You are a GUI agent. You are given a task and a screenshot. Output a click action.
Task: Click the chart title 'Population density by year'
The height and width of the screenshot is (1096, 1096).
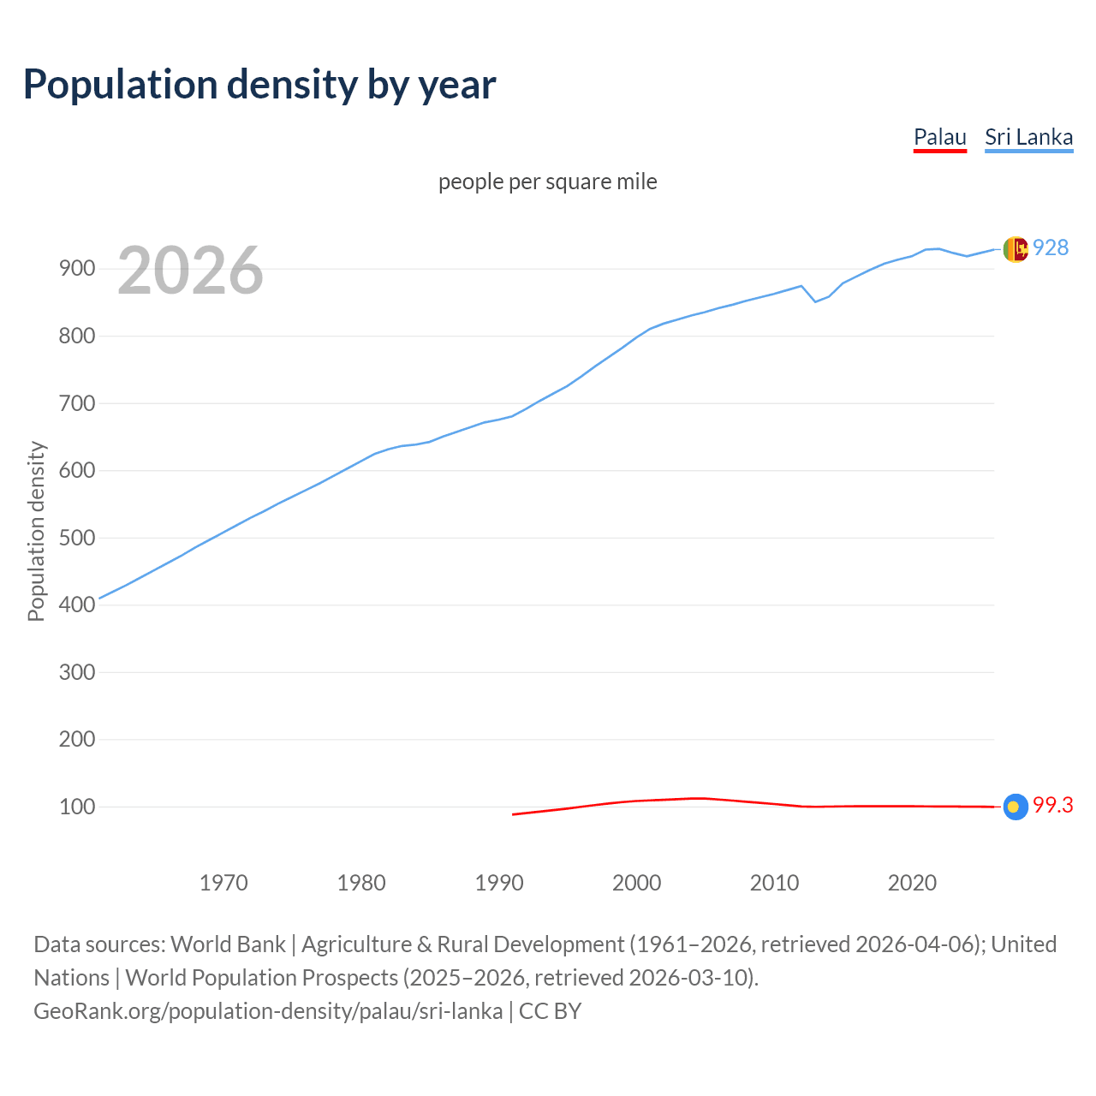click(x=259, y=85)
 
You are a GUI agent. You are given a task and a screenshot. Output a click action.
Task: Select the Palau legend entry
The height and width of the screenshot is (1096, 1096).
click(x=939, y=138)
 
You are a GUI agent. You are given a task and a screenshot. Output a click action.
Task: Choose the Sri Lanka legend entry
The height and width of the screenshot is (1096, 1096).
click(x=1028, y=138)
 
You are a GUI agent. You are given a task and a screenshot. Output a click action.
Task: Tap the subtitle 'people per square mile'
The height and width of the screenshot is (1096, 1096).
click(x=547, y=182)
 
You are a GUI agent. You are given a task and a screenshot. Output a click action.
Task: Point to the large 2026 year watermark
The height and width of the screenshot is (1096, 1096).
click(x=190, y=271)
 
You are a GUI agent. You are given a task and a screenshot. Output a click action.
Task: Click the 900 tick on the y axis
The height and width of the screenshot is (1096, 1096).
click(x=76, y=269)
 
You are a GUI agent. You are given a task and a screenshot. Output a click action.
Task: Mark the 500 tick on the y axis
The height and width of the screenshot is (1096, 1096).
click(x=76, y=538)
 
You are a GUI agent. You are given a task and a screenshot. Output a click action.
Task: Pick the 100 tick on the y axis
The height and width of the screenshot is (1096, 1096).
click(x=76, y=807)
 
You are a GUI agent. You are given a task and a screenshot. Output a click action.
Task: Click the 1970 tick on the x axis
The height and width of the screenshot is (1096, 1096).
click(x=223, y=883)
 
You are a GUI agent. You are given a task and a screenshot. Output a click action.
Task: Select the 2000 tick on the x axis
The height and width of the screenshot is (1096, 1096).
click(x=636, y=883)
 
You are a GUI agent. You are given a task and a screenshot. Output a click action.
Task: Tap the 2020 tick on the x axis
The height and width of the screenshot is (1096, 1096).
click(x=912, y=883)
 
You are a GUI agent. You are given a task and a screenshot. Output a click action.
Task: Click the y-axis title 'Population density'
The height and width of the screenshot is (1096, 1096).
click(x=36, y=531)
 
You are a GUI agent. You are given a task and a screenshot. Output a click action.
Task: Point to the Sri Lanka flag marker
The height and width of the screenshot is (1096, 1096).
click(x=1015, y=249)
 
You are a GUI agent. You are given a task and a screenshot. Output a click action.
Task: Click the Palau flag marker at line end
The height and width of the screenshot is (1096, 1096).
click(x=1015, y=807)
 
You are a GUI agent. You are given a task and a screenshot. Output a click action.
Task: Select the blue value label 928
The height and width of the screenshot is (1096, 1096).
click(x=1051, y=248)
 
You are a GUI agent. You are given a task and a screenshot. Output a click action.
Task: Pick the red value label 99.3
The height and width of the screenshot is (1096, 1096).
click(x=1052, y=806)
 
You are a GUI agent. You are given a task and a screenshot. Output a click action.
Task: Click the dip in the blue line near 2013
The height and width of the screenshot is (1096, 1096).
click(x=815, y=301)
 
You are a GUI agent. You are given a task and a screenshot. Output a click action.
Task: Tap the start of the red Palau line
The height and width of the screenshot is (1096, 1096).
click(x=514, y=814)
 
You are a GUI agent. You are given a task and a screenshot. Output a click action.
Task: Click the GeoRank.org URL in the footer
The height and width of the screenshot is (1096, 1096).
click(x=268, y=1011)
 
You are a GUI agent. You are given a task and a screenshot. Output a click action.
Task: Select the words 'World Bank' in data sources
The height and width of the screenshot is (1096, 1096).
click(x=228, y=944)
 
